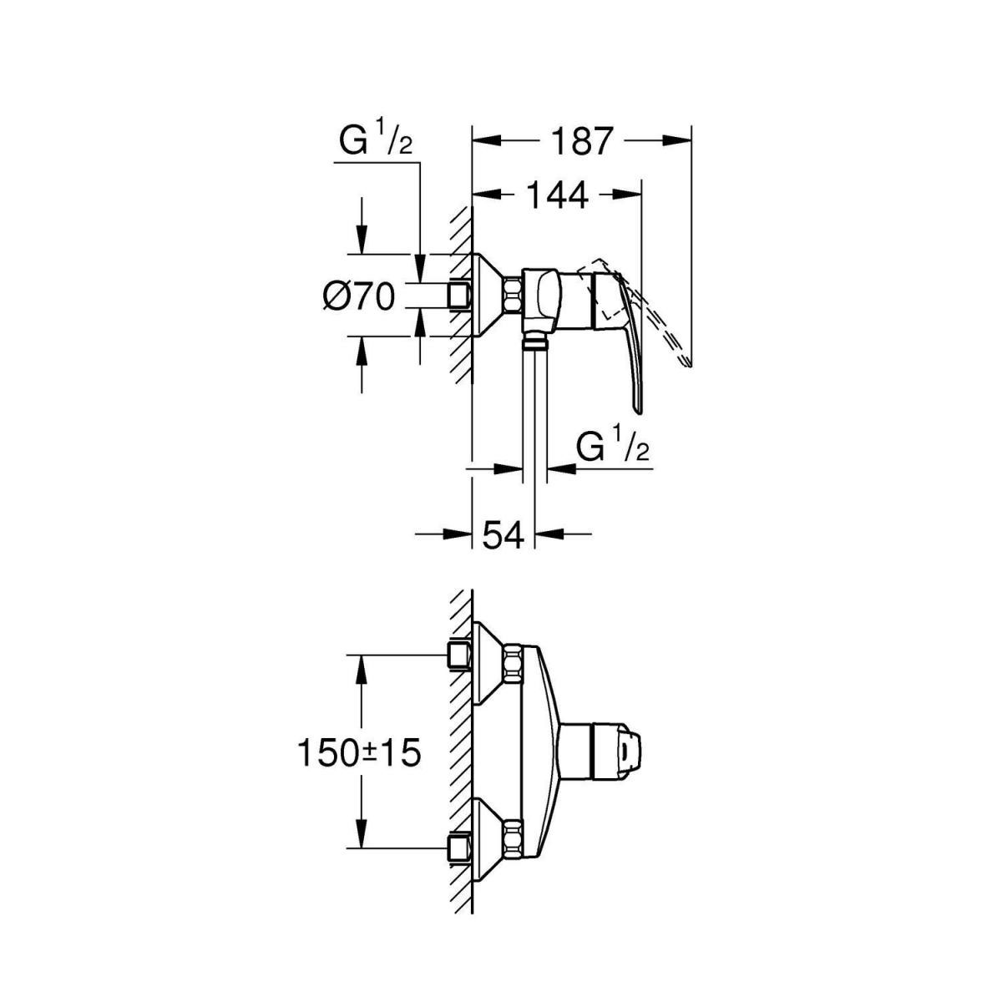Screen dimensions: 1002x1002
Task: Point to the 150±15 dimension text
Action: (x=357, y=754)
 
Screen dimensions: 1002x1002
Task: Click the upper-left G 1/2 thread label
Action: (x=375, y=142)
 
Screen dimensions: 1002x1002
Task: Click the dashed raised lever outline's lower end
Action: (x=686, y=364)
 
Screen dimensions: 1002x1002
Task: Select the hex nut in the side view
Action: (x=512, y=296)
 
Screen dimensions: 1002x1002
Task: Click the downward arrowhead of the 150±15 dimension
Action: (x=362, y=839)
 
